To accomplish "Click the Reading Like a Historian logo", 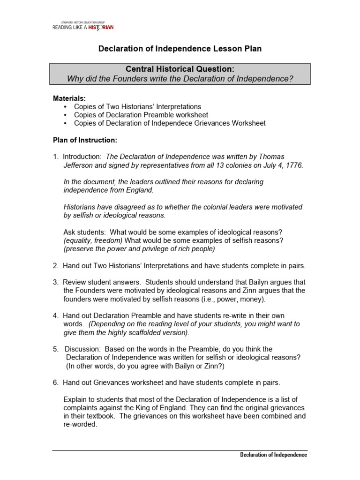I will (x=82, y=26).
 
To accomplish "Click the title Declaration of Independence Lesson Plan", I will (x=180, y=49).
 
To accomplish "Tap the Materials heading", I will (x=69, y=98).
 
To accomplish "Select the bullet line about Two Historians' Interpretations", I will (x=131, y=106).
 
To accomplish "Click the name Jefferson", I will (x=79, y=165).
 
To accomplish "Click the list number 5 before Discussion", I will (x=55, y=349).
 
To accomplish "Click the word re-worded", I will (x=80, y=424).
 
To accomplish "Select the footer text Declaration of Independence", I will (x=273, y=455).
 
